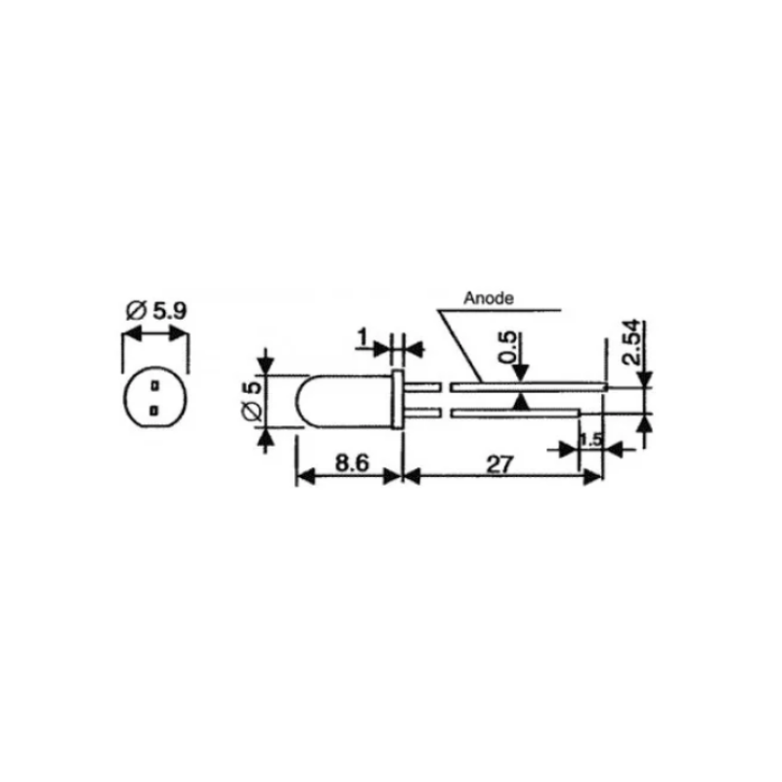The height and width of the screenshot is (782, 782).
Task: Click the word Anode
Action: (488, 298)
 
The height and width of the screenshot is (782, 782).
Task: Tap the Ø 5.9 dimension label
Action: (156, 311)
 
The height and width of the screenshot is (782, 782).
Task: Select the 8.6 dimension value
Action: (352, 462)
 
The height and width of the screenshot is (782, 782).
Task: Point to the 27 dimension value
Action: (500, 465)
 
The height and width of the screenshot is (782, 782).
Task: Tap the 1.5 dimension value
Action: (591, 440)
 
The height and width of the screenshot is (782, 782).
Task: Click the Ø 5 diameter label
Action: (251, 402)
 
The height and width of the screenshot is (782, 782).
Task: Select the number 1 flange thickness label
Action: (363, 337)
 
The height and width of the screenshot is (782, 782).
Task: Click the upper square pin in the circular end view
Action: (155, 385)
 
